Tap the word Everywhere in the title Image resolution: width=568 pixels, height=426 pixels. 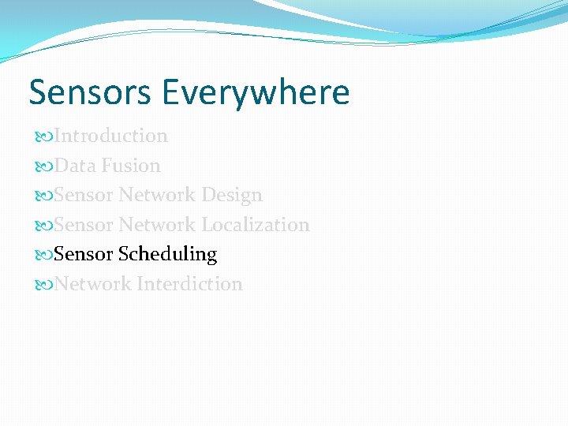click(x=256, y=92)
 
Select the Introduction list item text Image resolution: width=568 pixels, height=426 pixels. click(x=111, y=136)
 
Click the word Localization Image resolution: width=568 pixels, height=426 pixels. click(x=255, y=225)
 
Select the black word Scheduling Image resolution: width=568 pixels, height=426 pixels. click(x=167, y=254)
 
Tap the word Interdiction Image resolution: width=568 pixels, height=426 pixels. click(x=189, y=284)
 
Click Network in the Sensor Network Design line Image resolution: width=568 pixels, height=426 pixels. click(x=157, y=195)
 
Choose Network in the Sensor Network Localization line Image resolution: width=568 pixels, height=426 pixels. click(x=157, y=225)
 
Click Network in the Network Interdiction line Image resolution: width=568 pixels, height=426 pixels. click(x=93, y=284)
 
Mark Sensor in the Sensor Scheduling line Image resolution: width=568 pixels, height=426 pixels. click(x=84, y=254)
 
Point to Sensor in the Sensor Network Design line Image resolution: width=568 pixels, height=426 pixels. click(x=84, y=195)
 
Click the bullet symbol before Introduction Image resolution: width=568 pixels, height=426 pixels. click(x=45, y=136)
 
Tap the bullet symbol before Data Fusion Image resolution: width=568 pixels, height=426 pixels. click(x=45, y=166)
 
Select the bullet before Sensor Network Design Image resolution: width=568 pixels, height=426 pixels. click(x=45, y=196)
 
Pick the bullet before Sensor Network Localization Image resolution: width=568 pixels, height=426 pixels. click(x=45, y=226)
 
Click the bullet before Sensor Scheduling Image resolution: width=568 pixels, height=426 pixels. click(x=45, y=255)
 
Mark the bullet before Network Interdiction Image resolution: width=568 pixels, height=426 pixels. click(x=45, y=285)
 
